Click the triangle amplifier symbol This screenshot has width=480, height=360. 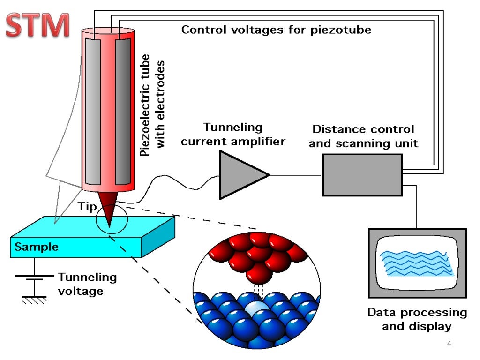[241, 175]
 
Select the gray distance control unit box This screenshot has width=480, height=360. [362, 175]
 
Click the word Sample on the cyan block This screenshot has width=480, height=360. [37, 247]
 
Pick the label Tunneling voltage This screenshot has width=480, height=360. [87, 284]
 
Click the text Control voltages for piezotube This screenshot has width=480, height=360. [276, 30]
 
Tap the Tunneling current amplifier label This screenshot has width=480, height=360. [233, 134]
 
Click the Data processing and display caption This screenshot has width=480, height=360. [417, 319]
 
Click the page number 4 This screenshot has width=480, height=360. [449, 345]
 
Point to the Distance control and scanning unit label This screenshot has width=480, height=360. [363, 136]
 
